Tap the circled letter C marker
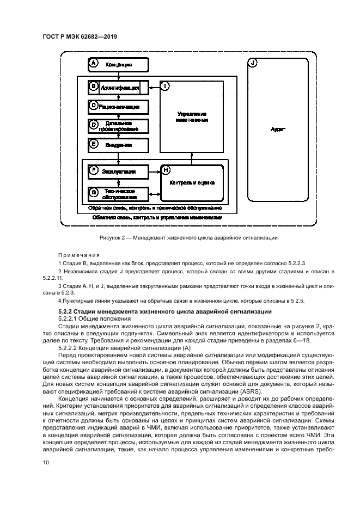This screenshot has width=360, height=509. click(94, 106)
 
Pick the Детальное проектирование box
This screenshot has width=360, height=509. click(118, 126)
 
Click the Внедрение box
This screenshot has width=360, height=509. click(118, 145)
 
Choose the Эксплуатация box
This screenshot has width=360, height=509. click(118, 171)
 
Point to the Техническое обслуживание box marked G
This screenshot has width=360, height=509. click(118, 193)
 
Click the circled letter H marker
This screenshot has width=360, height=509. click(166, 171)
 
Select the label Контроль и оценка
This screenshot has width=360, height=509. click(192, 183)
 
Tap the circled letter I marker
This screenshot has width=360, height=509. click(166, 86)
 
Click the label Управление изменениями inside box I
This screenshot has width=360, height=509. click(192, 117)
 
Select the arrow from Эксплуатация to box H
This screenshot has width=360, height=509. click(154, 171)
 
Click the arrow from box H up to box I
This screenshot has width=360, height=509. click(192, 158)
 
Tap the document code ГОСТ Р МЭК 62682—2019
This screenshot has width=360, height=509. click(80, 36)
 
